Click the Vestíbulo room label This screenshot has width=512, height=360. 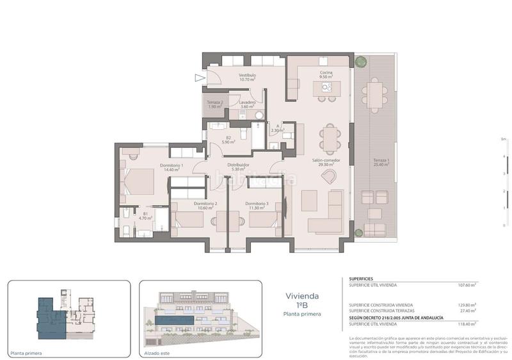pyautogui.click(x=248, y=76)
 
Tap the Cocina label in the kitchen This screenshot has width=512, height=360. pyautogui.click(x=326, y=73)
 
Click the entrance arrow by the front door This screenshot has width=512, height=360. pyautogui.click(x=200, y=79)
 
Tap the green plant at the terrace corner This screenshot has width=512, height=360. pyautogui.click(x=361, y=61)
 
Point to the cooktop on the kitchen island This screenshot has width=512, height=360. pyautogui.click(x=328, y=89)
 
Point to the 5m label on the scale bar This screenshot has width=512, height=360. pyautogui.click(x=504, y=138)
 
